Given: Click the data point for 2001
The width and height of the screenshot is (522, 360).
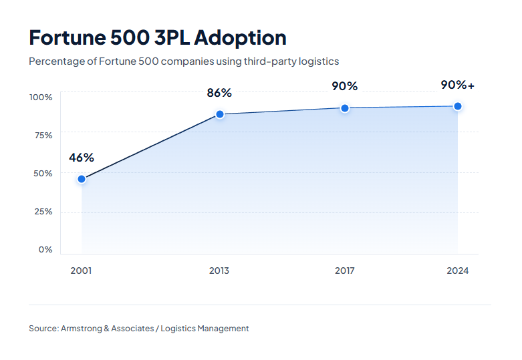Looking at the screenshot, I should pyautogui.click(x=82, y=179).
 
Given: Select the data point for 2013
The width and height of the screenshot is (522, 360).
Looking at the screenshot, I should pyautogui.click(x=219, y=114).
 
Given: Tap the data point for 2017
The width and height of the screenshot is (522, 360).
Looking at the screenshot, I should pyautogui.click(x=345, y=108).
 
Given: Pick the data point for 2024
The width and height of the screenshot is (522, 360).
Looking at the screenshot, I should pyautogui.click(x=458, y=106).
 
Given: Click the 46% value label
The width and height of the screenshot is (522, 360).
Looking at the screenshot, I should pyautogui.click(x=82, y=158).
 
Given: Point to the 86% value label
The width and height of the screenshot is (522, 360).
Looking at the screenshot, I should pyautogui.click(x=219, y=93).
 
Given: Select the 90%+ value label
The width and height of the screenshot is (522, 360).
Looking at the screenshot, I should pyautogui.click(x=458, y=85).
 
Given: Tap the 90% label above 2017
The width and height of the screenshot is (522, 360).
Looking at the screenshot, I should pyautogui.click(x=345, y=86).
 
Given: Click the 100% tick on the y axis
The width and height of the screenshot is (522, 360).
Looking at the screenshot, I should pyautogui.click(x=41, y=97).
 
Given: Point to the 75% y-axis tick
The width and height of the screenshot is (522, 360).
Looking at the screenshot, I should pyautogui.click(x=43, y=135).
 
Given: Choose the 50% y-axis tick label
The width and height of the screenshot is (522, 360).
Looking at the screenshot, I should pyautogui.click(x=43, y=173).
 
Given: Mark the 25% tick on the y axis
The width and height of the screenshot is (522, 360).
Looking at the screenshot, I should pyautogui.click(x=43, y=211).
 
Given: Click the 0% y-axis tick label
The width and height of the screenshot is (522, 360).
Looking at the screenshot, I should pyautogui.click(x=45, y=249).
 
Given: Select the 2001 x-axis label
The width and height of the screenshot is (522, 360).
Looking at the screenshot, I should pyautogui.click(x=81, y=271).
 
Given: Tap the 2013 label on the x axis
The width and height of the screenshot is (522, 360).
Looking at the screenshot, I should pyautogui.click(x=219, y=271).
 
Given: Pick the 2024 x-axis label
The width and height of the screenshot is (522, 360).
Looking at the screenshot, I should pyautogui.click(x=458, y=271).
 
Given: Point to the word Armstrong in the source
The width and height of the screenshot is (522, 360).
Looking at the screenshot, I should pyautogui.click(x=82, y=328).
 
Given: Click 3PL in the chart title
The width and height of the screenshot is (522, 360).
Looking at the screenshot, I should pyautogui.click(x=170, y=37).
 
